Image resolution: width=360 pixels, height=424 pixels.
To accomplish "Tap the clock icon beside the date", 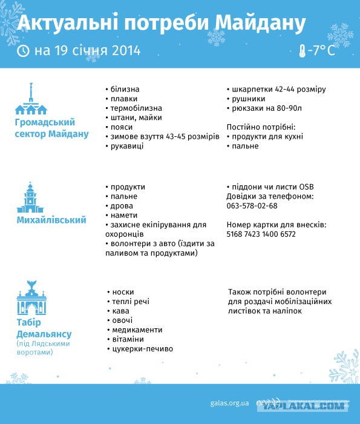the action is point(24,50).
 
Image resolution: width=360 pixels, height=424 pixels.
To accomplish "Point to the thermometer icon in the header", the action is point(301,51).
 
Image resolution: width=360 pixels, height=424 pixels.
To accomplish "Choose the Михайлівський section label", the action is point(51,220).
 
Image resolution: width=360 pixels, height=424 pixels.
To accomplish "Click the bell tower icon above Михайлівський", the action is point(30,197).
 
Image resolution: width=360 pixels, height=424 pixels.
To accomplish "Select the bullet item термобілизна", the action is point(133,108).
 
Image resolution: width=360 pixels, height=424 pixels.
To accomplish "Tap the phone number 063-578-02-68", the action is point(252,206).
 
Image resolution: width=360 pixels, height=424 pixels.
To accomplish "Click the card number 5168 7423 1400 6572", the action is point(261,234).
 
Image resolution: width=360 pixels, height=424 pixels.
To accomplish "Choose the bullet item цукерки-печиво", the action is point(142,349).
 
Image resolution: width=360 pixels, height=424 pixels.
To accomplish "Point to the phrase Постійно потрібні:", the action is point(260,127).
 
